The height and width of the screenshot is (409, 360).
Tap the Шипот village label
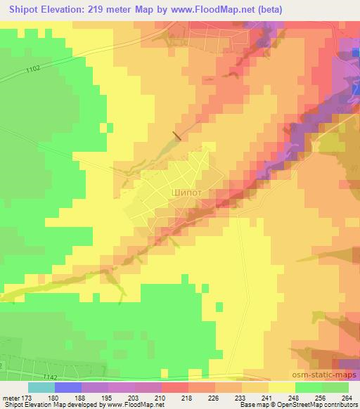click(186, 190)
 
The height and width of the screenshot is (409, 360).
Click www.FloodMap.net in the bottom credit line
click(134, 404)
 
